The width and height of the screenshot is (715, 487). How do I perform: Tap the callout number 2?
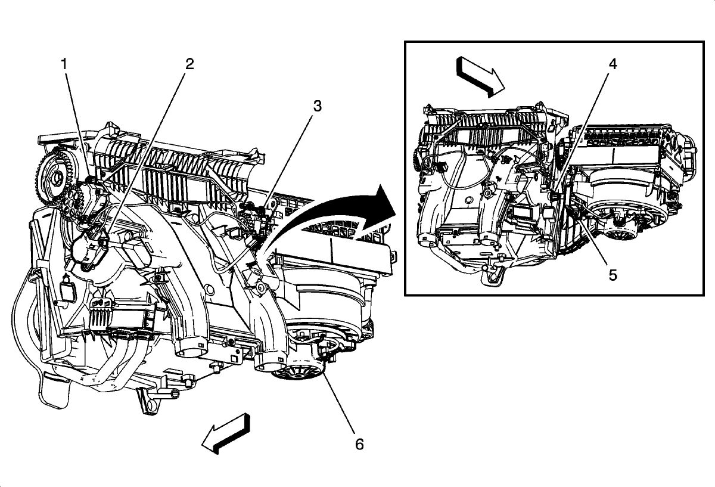[189, 64]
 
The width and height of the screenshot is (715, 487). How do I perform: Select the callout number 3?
[317, 106]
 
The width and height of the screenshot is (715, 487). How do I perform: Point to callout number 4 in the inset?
[612, 64]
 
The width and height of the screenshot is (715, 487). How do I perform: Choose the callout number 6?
[358, 443]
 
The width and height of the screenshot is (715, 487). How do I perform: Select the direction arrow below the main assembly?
[227, 433]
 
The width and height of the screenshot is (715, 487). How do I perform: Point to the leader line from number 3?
[292, 155]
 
